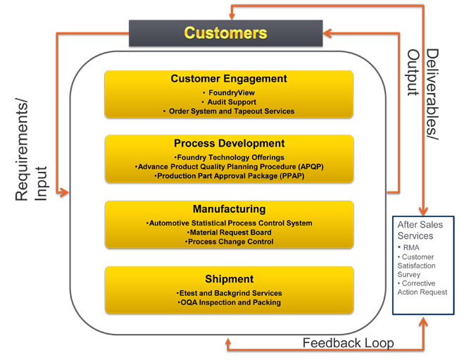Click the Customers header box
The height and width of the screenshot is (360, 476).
pos(225,32)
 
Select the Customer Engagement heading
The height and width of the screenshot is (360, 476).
pos(229,79)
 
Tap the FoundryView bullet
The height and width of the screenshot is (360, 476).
pos(229,92)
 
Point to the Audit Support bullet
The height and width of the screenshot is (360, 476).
pos(229,102)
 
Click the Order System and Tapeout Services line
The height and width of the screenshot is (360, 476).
pos(229,111)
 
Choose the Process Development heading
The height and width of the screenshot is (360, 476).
pos(229,144)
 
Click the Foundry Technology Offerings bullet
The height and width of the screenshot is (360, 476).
pos(229,157)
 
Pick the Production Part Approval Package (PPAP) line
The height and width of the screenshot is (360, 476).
pos(229,175)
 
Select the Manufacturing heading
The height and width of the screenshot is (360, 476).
pos(229,209)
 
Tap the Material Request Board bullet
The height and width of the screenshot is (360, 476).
pos(229,232)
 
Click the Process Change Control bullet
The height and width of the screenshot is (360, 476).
pos(229,242)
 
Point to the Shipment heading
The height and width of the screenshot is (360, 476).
pos(229,279)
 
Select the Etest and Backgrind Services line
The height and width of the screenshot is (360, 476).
pos(229,293)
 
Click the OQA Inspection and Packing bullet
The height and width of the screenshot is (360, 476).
pos(229,302)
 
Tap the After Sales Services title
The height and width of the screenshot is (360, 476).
pos(421,230)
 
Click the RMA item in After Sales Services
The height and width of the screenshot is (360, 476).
pos(411,247)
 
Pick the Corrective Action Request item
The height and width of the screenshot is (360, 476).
pos(422,287)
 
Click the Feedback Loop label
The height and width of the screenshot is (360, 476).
pos(348,343)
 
